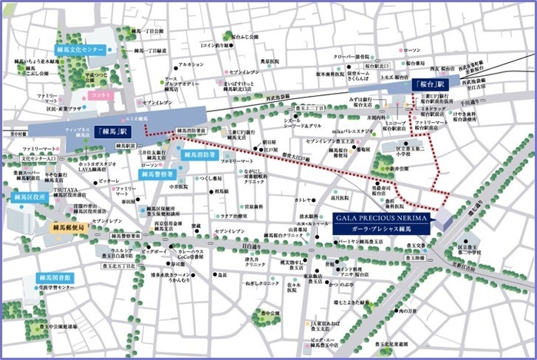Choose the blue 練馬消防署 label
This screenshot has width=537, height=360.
198,155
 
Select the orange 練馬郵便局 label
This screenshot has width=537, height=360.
71,228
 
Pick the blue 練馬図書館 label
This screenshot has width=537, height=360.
54,277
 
